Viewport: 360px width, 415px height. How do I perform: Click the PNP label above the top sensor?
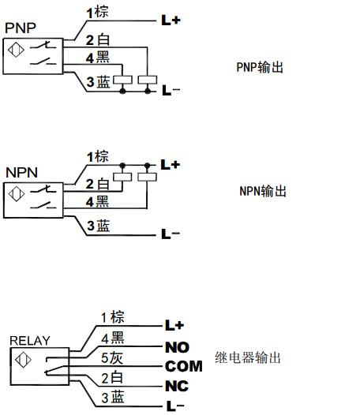point(21,28)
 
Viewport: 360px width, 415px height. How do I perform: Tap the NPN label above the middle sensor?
point(22,173)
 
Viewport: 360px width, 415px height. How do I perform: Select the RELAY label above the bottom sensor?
point(30,341)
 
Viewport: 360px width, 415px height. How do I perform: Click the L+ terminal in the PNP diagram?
point(171,20)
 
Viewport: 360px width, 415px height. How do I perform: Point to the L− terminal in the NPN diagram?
point(171,234)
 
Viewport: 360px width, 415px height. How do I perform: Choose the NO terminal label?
point(177,347)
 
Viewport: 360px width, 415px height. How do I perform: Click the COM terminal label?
point(184,366)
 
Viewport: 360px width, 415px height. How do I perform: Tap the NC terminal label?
point(177,386)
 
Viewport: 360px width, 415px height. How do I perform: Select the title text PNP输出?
point(260,67)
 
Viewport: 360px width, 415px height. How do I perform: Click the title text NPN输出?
point(263,191)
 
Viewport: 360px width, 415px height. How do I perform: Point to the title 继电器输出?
point(248,357)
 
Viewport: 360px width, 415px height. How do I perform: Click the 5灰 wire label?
point(112,358)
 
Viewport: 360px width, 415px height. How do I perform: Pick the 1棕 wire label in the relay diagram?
point(113,317)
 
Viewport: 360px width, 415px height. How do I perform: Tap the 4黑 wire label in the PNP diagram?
point(97,58)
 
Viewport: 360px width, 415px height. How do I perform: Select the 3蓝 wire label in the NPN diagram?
point(98,226)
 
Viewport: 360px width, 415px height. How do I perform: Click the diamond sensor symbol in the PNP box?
point(16,50)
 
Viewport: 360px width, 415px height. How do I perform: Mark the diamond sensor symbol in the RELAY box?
point(23,360)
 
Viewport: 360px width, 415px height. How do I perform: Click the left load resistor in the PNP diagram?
point(122,80)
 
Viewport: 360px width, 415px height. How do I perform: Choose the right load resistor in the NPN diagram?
point(148,177)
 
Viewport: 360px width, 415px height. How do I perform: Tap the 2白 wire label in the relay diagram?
point(112,377)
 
